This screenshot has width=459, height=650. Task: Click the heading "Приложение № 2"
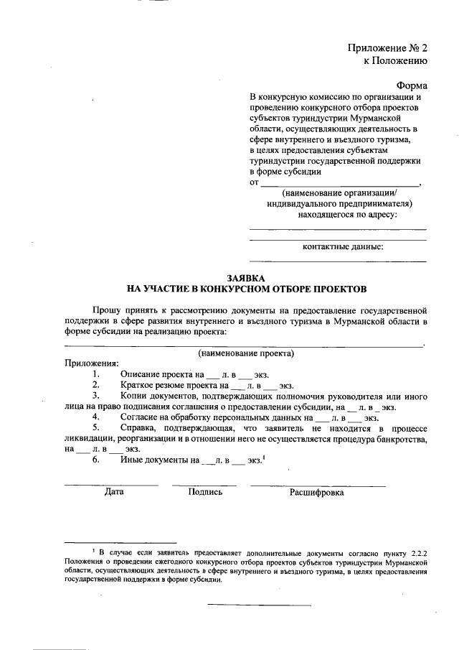coord(387,48)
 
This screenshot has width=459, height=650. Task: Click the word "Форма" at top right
coord(412,84)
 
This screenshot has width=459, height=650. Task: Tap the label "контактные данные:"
coord(343,247)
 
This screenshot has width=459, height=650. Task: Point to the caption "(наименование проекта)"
coord(246,353)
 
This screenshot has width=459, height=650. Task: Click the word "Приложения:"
coord(92,363)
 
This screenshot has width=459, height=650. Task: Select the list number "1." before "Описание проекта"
coord(96,374)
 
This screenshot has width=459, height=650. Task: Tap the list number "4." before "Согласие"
coord(96,417)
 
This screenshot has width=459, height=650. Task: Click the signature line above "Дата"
coord(112,485)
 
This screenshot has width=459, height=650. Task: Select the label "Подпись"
coord(205,493)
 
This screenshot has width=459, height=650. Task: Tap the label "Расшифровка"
coord(316,493)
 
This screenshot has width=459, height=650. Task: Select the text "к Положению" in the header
coord(395,61)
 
